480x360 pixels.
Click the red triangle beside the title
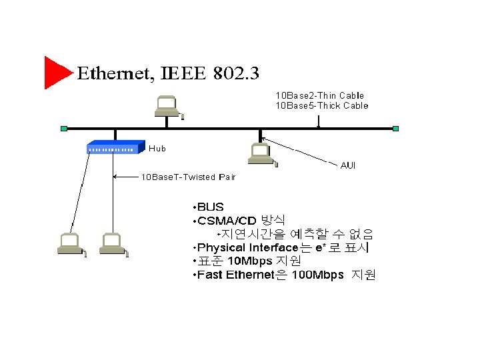(55, 72)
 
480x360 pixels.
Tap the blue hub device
(116, 147)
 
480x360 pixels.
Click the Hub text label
(157, 149)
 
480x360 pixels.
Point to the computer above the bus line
(166, 107)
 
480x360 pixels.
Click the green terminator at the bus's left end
(63, 128)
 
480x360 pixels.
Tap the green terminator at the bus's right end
(395, 128)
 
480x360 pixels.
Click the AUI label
(348, 165)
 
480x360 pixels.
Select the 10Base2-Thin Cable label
(320, 95)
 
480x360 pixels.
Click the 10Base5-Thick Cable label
(322, 105)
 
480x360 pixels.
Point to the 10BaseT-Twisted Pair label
(187, 177)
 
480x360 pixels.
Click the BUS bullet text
(210, 207)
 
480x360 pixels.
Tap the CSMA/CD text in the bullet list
(227, 221)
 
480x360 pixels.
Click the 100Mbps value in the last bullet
(318, 275)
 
